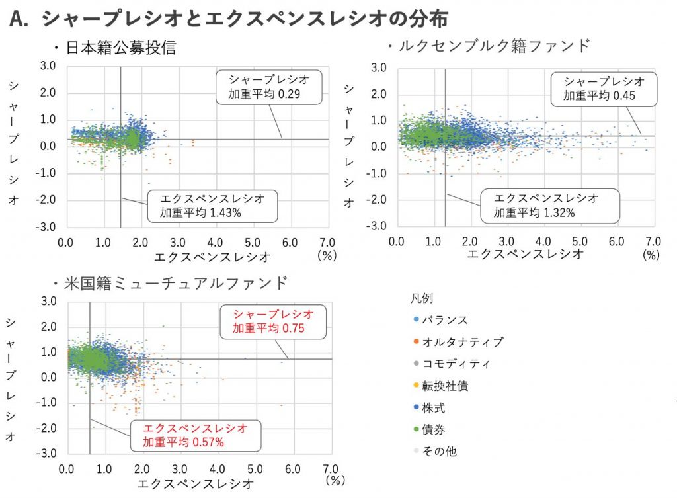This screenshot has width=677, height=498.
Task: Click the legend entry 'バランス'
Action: pyautogui.click(x=444, y=320)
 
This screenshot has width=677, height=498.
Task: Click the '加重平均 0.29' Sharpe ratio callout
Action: pyautogui.click(x=269, y=87)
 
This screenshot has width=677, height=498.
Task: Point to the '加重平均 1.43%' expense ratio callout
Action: pyautogui.click(x=211, y=206)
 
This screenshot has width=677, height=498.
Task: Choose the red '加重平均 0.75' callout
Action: pyautogui.click(x=274, y=321)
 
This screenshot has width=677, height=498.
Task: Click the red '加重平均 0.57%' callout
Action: pyautogui.click(x=195, y=435)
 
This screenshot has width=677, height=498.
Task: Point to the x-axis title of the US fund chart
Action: pyautogui.click(x=195, y=485)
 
